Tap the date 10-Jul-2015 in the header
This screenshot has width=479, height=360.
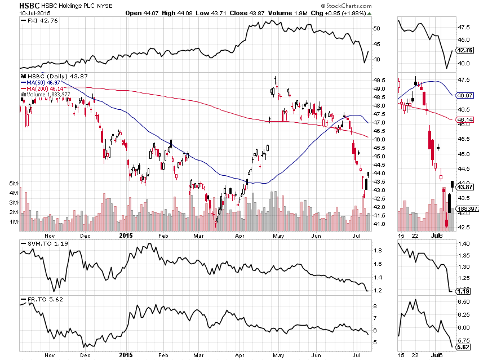click(x=33, y=12)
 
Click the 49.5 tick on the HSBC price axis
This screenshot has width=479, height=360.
click(x=379, y=81)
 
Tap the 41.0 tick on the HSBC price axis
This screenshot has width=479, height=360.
click(x=379, y=224)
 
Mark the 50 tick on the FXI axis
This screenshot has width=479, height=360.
click(x=377, y=28)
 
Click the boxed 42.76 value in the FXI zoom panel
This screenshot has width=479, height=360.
click(x=465, y=50)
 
